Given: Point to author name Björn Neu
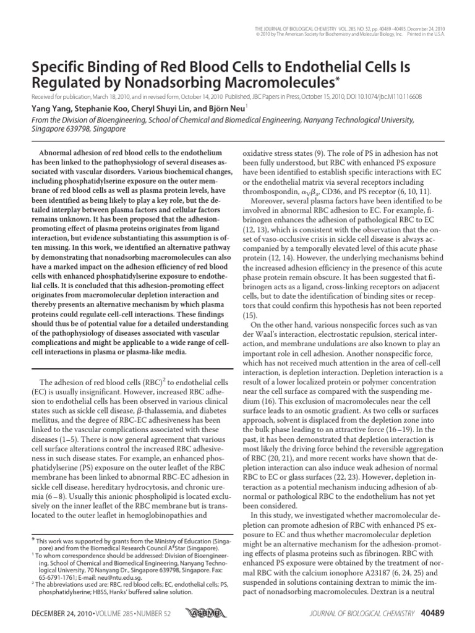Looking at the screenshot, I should pos(210,107).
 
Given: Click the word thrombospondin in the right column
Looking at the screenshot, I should pos(270,192).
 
